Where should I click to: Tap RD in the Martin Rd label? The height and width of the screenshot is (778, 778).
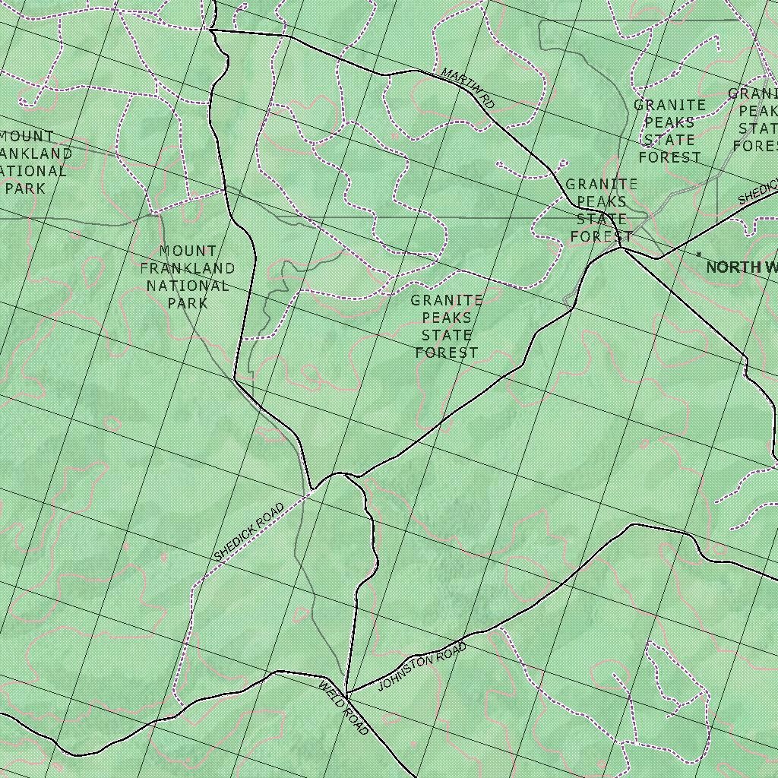point(487,100)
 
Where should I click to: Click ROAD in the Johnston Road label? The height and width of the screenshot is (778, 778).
point(451,651)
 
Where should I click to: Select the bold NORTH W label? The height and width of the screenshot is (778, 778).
point(742,267)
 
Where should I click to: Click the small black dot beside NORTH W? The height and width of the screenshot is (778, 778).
point(699,255)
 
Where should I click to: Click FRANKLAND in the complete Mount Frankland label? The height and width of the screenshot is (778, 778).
point(188,268)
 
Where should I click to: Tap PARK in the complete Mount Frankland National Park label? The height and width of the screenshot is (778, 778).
point(188,303)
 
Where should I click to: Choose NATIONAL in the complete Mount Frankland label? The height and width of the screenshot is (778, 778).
point(188,286)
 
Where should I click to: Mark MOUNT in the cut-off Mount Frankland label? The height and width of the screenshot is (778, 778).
point(27,137)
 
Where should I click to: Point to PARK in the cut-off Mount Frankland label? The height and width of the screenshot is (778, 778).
point(25,188)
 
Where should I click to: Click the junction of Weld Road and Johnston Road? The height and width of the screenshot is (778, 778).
point(346,694)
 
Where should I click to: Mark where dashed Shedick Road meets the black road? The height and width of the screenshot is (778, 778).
point(314,490)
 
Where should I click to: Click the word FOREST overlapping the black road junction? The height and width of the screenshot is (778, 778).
point(602,236)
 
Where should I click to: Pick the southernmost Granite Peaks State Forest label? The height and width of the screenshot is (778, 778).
point(447,327)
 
